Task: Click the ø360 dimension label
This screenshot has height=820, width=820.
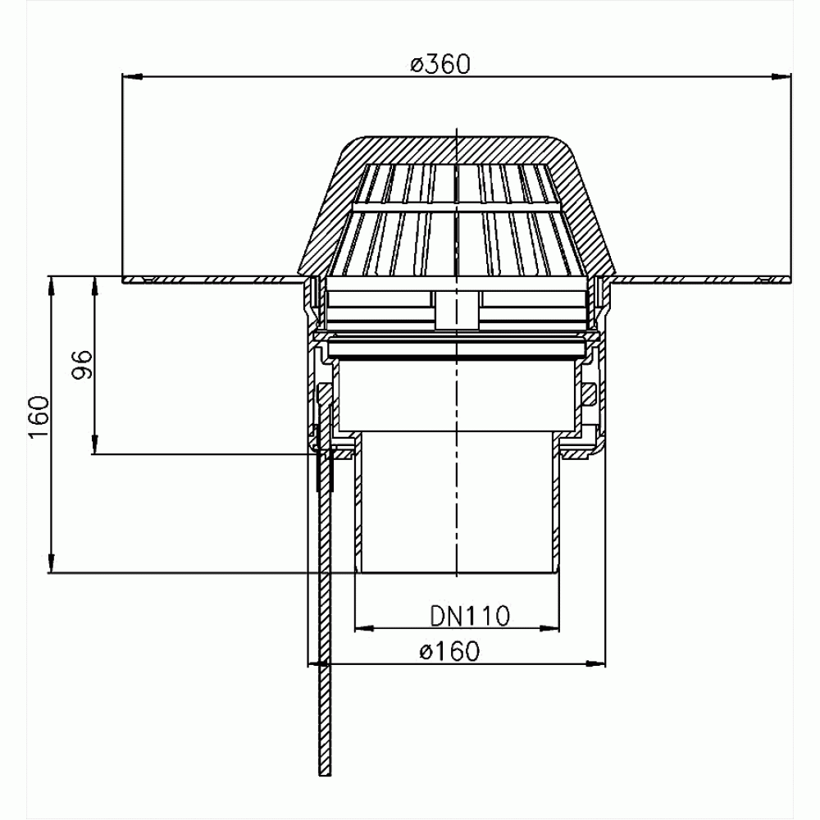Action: tap(440, 64)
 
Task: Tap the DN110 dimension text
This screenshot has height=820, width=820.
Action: tap(470, 616)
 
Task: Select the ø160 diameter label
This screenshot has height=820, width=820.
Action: tap(449, 651)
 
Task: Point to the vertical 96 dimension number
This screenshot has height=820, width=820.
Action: tap(82, 365)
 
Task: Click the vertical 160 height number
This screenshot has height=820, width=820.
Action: tap(39, 417)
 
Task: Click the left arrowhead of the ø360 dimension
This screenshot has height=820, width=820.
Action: tap(132, 77)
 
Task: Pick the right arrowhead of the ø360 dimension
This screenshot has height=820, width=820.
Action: tap(781, 77)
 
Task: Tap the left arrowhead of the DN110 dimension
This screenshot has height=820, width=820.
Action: tap(365, 627)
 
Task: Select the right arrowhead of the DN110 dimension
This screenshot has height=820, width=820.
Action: tap(549, 627)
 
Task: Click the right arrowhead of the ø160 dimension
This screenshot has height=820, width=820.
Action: tap(595, 663)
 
